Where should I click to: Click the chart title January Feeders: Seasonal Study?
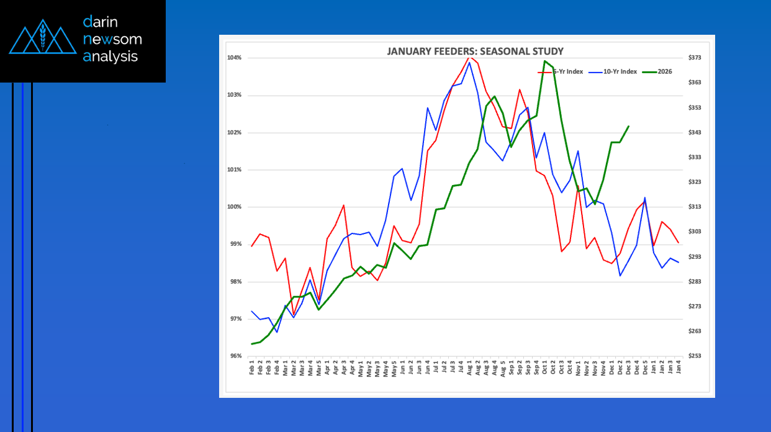click(475, 51)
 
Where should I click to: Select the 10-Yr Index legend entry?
click(620, 71)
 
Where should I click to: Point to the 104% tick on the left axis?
click(234, 58)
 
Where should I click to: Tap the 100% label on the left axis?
click(234, 207)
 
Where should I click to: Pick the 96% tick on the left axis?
click(235, 356)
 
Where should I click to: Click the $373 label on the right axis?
click(694, 58)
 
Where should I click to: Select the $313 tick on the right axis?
click(694, 207)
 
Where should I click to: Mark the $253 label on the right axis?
click(694, 356)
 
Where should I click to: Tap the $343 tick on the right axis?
click(694, 132)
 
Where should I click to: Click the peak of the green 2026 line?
click(544, 61)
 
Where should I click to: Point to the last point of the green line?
click(629, 126)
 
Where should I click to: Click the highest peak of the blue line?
click(469, 62)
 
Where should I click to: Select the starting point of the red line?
click(251, 246)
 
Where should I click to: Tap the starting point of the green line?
click(251, 344)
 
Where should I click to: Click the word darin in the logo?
click(101, 22)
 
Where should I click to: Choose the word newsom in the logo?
click(112, 40)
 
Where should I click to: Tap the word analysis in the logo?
click(110, 56)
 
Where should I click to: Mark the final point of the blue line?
click(679, 263)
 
